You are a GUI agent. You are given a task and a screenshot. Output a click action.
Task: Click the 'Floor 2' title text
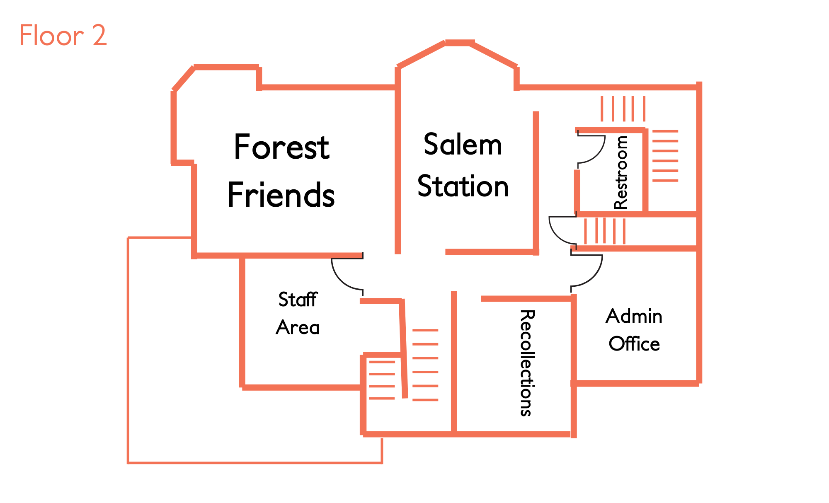click(63, 35)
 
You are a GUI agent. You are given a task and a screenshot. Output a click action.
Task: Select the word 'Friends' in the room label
click(281, 195)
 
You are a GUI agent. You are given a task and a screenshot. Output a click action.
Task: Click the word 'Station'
click(463, 186)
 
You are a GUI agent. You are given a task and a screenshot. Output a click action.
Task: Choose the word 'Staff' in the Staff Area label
click(298, 299)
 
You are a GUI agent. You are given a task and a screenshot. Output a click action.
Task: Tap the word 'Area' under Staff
click(298, 327)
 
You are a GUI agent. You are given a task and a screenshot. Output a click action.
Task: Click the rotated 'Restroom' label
click(621, 172)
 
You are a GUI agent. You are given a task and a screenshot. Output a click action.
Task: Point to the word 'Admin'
click(634, 316)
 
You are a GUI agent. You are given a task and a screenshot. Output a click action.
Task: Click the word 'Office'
click(634, 344)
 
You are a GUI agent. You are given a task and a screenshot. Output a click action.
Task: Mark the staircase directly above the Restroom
click(623, 109)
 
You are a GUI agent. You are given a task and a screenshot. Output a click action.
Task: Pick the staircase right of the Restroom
click(665, 156)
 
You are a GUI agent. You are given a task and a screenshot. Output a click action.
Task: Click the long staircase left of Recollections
click(425, 365)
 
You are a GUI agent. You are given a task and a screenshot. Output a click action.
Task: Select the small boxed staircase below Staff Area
click(382, 380)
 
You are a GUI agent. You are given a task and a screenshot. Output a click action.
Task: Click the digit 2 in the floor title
click(99, 35)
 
